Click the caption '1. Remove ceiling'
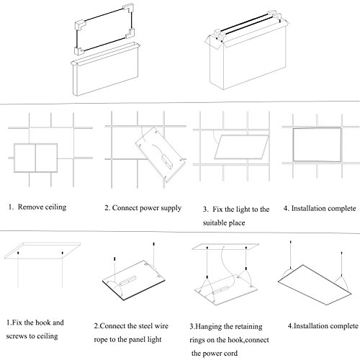(x=37, y=207)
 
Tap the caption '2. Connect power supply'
(x=143, y=208)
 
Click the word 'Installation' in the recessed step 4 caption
(x=307, y=208)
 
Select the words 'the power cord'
(x=215, y=354)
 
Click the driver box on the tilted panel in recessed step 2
(x=168, y=161)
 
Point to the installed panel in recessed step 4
(x=317, y=145)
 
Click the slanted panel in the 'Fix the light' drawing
(x=241, y=147)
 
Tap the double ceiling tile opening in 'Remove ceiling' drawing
(x=35, y=158)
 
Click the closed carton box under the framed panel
(x=105, y=69)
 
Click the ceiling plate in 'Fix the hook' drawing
(x=42, y=251)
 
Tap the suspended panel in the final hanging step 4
(x=315, y=285)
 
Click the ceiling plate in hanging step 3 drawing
(x=225, y=246)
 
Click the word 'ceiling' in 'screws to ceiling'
(x=47, y=336)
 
